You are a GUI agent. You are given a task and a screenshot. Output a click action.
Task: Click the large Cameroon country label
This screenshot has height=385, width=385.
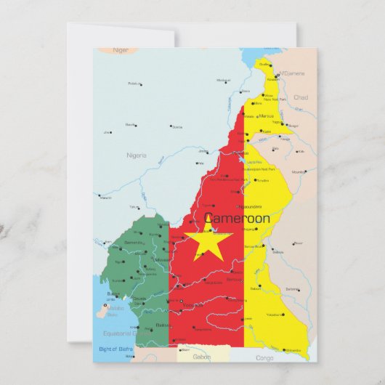(237, 218)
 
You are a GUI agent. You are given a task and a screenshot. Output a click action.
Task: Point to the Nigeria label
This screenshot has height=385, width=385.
(136, 155)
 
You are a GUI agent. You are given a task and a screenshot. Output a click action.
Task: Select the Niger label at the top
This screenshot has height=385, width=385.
(121, 50)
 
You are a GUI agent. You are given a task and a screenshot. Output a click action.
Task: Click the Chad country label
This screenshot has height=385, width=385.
(301, 97)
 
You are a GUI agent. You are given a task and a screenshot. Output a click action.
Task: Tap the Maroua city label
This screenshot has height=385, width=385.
(267, 115)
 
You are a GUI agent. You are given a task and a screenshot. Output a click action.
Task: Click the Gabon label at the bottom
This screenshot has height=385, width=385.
(201, 357)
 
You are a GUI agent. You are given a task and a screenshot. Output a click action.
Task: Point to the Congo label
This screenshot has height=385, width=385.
(265, 357)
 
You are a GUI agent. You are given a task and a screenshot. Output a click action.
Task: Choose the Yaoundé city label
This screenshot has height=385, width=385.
(193, 305)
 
